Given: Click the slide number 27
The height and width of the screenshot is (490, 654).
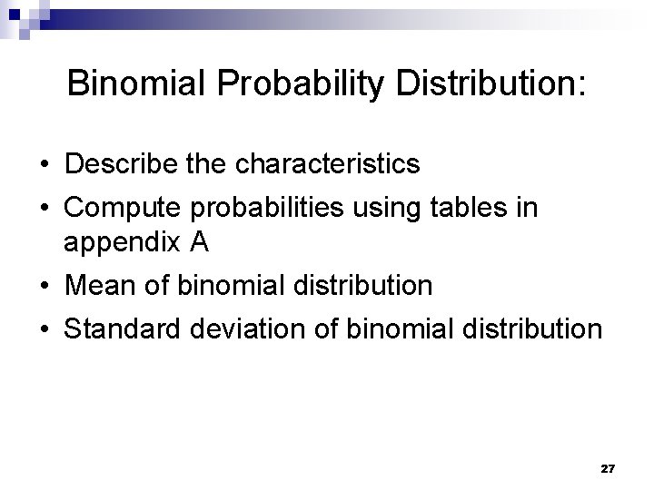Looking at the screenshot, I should click(608, 468).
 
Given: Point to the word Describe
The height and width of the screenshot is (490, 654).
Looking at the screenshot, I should click(114, 164).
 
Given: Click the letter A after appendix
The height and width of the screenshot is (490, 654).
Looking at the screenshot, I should click(200, 242).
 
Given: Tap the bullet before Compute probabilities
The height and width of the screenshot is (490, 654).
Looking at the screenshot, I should click(44, 209).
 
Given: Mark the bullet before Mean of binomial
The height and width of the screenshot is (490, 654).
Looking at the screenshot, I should click(44, 287).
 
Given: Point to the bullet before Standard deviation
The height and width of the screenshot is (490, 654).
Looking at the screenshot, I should click(44, 328).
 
